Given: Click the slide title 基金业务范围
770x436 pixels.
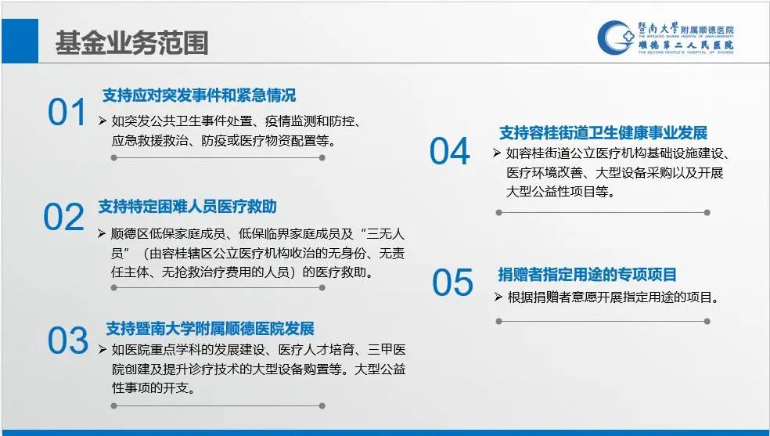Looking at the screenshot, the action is [131, 42].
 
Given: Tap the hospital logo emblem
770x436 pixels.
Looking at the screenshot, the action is [615, 38].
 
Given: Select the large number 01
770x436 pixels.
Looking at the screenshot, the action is [67, 113].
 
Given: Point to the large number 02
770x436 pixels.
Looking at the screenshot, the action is [64, 217].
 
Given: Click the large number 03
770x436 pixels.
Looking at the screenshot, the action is [68, 341].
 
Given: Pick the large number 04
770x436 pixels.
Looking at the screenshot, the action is [449, 151].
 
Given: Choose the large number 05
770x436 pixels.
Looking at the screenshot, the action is [453, 283].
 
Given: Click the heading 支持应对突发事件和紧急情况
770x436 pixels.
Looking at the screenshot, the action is [199, 95].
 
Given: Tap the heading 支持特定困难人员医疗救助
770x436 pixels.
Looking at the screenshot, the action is [188, 206].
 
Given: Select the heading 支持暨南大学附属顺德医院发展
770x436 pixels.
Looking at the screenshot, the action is [210, 328].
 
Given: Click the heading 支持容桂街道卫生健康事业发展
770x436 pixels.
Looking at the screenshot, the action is [603, 132].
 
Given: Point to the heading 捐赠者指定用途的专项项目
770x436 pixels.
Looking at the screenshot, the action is [588, 274].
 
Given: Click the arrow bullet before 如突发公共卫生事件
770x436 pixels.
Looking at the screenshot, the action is [103, 121].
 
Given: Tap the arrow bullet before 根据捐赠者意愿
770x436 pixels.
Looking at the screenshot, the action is [498, 297].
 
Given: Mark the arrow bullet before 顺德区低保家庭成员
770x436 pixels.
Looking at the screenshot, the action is [102, 233].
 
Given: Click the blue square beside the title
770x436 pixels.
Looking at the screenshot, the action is [20, 41].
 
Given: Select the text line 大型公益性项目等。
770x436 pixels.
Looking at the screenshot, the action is [561, 192].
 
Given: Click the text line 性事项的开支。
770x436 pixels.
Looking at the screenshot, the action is [154, 388].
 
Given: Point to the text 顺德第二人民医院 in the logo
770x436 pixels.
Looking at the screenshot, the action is [686, 45].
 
